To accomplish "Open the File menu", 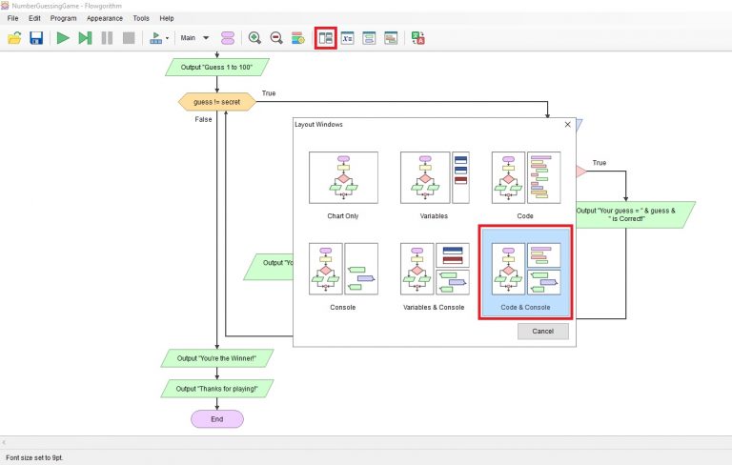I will (13, 18).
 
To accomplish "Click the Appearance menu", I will (104, 18).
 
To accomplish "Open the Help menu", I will (167, 18).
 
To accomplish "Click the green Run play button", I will (63, 38).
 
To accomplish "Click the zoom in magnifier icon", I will (254, 38).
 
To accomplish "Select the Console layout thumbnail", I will (343, 269).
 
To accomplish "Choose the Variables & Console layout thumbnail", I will (434, 269).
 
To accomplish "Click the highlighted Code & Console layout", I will (525, 271).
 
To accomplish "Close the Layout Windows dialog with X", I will (568, 124).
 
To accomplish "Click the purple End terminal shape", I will (216, 418).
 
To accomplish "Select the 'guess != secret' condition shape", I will (216, 101).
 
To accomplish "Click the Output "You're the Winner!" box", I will (216, 358).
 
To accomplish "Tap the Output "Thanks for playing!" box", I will (216, 388).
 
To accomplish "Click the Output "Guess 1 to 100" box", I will (216, 67).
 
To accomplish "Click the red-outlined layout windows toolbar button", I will (326, 38).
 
